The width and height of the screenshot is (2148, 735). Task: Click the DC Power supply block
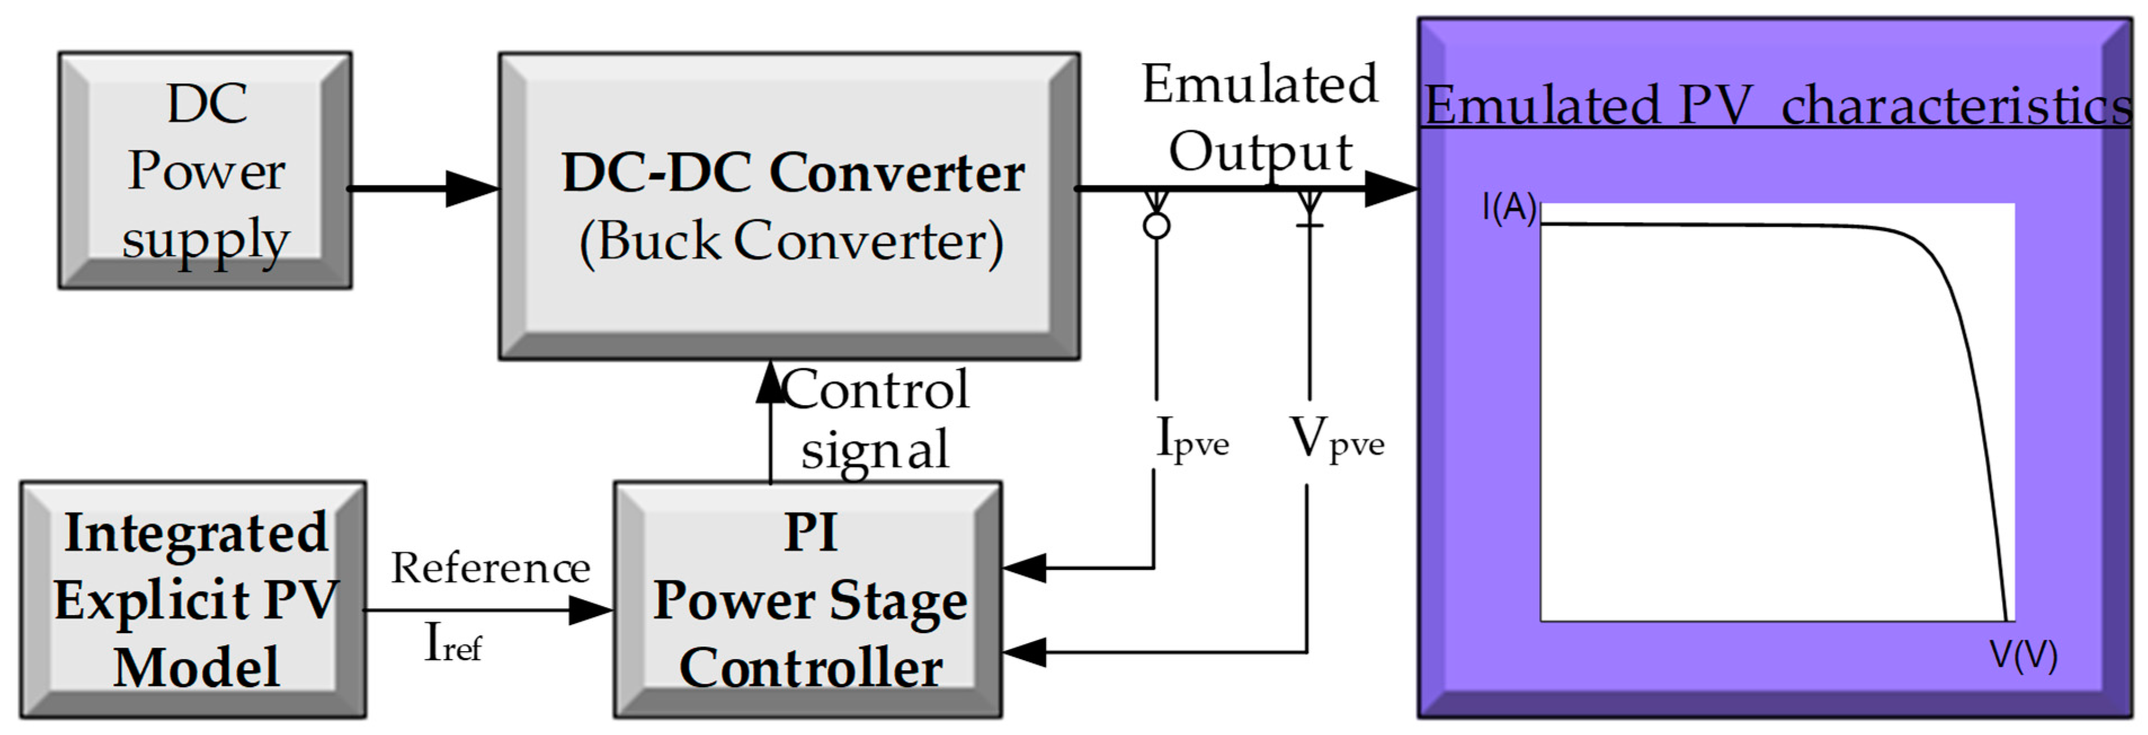coord(205,171)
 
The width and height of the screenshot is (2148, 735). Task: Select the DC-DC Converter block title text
coord(792,173)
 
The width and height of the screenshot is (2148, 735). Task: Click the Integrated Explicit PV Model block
coord(193,599)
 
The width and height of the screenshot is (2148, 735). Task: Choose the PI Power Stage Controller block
coord(808,599)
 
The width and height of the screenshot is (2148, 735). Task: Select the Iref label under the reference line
coord(453,644)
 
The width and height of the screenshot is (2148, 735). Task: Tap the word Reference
coord(491,568)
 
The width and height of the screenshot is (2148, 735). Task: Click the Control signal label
coord(876,419)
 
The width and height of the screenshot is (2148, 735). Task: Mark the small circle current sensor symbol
coord(1156,225)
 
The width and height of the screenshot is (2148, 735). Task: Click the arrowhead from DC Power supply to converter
coord(471,189)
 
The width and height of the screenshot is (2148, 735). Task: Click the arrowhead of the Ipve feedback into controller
coord(1024,568)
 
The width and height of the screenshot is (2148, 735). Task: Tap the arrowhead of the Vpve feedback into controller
coord(1024,652)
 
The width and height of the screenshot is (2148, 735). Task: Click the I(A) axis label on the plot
coord(1508,207)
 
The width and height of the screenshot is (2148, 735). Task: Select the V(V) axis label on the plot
coord(2023,656)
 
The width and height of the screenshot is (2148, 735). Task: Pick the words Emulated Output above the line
coord(1259,118)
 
